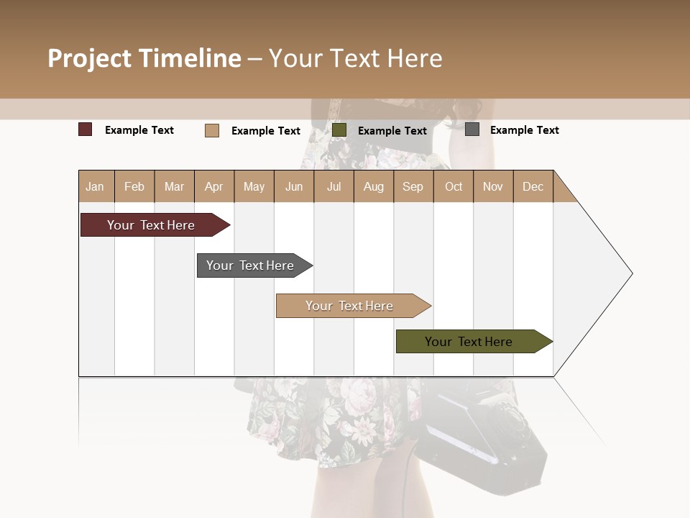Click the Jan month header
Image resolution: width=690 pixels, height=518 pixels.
coord(95,187)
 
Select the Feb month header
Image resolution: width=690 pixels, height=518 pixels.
coord(134,187)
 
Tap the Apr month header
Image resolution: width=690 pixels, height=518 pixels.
coord(214,187)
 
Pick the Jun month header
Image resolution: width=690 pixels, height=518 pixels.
coord(294,187)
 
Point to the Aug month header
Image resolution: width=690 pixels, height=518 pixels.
coord(374,187)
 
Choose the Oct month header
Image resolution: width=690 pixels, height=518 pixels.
coord(454,187)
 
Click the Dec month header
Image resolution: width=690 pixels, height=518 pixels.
coord(533,187)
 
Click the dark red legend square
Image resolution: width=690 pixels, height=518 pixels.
coord(86,129)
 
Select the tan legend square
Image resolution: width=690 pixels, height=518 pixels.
coord(212,130)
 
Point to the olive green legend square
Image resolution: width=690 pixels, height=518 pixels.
coord(339,130)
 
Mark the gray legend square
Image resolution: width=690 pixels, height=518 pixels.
coord(472,129)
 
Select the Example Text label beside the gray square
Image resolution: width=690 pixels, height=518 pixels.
coord(524,130)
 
